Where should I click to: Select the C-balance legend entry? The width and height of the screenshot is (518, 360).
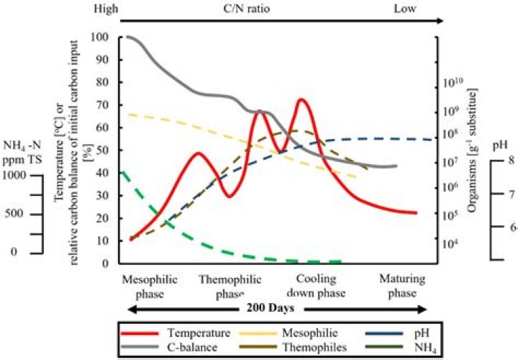pos(170,347)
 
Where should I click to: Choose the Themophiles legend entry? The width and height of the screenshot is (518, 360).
pos(293,347)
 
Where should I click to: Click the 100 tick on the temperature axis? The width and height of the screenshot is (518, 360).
pos(99,37)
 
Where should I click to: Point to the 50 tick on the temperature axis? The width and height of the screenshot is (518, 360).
pos(102,150)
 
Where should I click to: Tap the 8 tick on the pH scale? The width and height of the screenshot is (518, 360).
pos(511,161)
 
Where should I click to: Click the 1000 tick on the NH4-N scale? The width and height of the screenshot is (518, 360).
pos(14,175)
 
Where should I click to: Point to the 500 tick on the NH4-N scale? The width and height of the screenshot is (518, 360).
pos(14,214)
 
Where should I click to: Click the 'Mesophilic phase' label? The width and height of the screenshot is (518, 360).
pos(150,287)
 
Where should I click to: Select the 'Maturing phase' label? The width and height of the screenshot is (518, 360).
pos(402,286)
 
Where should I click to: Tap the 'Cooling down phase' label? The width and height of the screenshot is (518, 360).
pos(316,286)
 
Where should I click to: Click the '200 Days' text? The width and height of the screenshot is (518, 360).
pos(271,308)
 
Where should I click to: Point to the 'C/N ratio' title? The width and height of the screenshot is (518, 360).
pos(247,8)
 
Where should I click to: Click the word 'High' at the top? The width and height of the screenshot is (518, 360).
pos(106,9)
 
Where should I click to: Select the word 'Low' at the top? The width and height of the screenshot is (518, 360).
pos(404,8)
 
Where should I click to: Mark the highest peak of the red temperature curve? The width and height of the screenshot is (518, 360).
pos(301,99)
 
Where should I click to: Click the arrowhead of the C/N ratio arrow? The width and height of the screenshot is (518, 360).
pos(440,21)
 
